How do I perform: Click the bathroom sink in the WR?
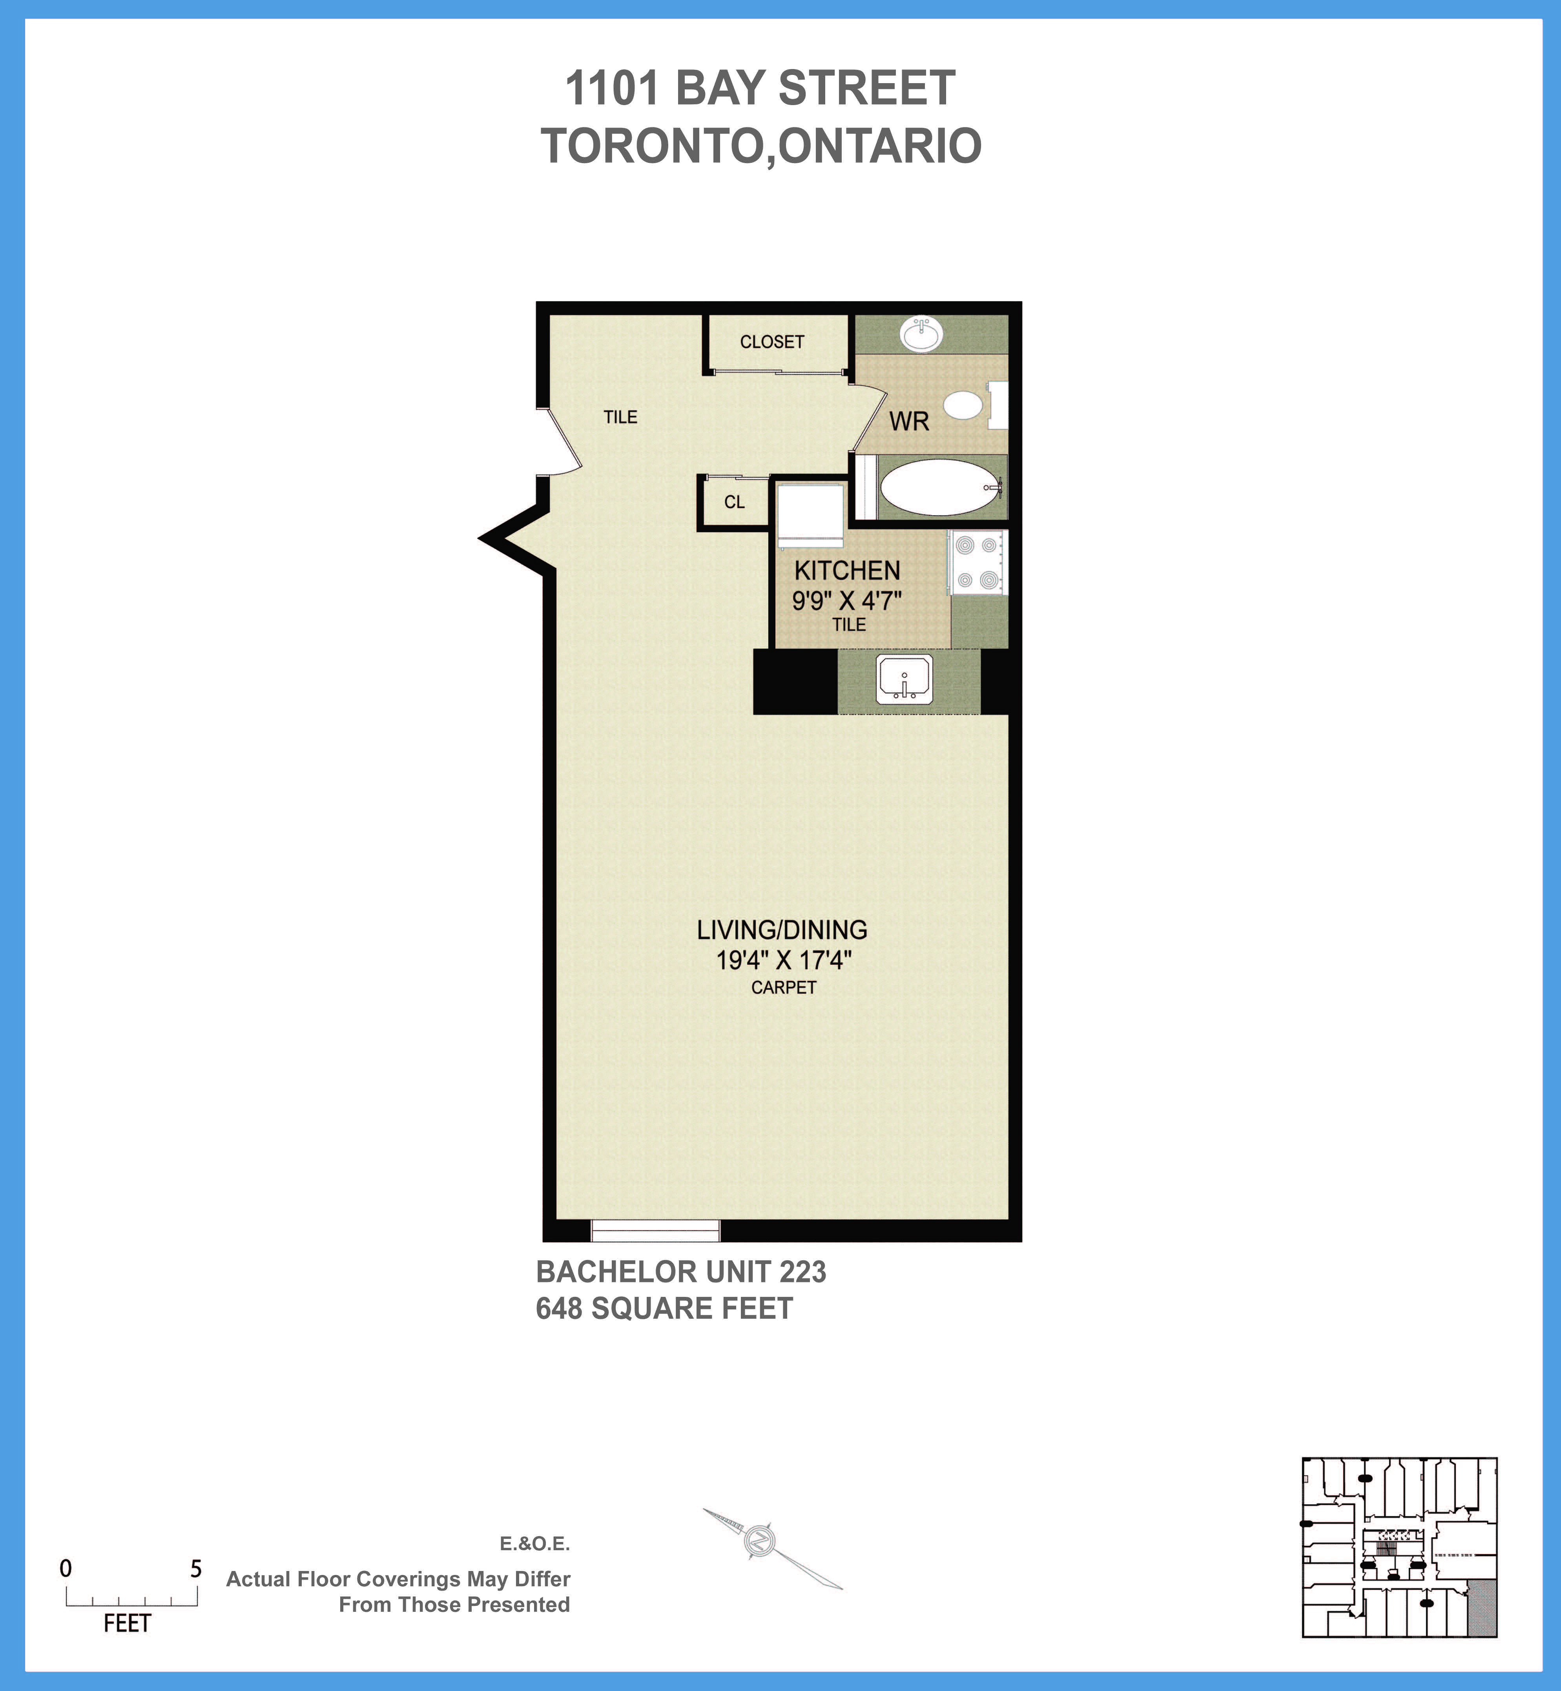tap(921, 334)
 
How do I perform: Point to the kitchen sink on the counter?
tap(905, 679)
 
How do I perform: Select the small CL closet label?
tap(734, 502)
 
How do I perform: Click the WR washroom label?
tap(909, 421)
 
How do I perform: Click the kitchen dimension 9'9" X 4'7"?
tap(846, 601)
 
